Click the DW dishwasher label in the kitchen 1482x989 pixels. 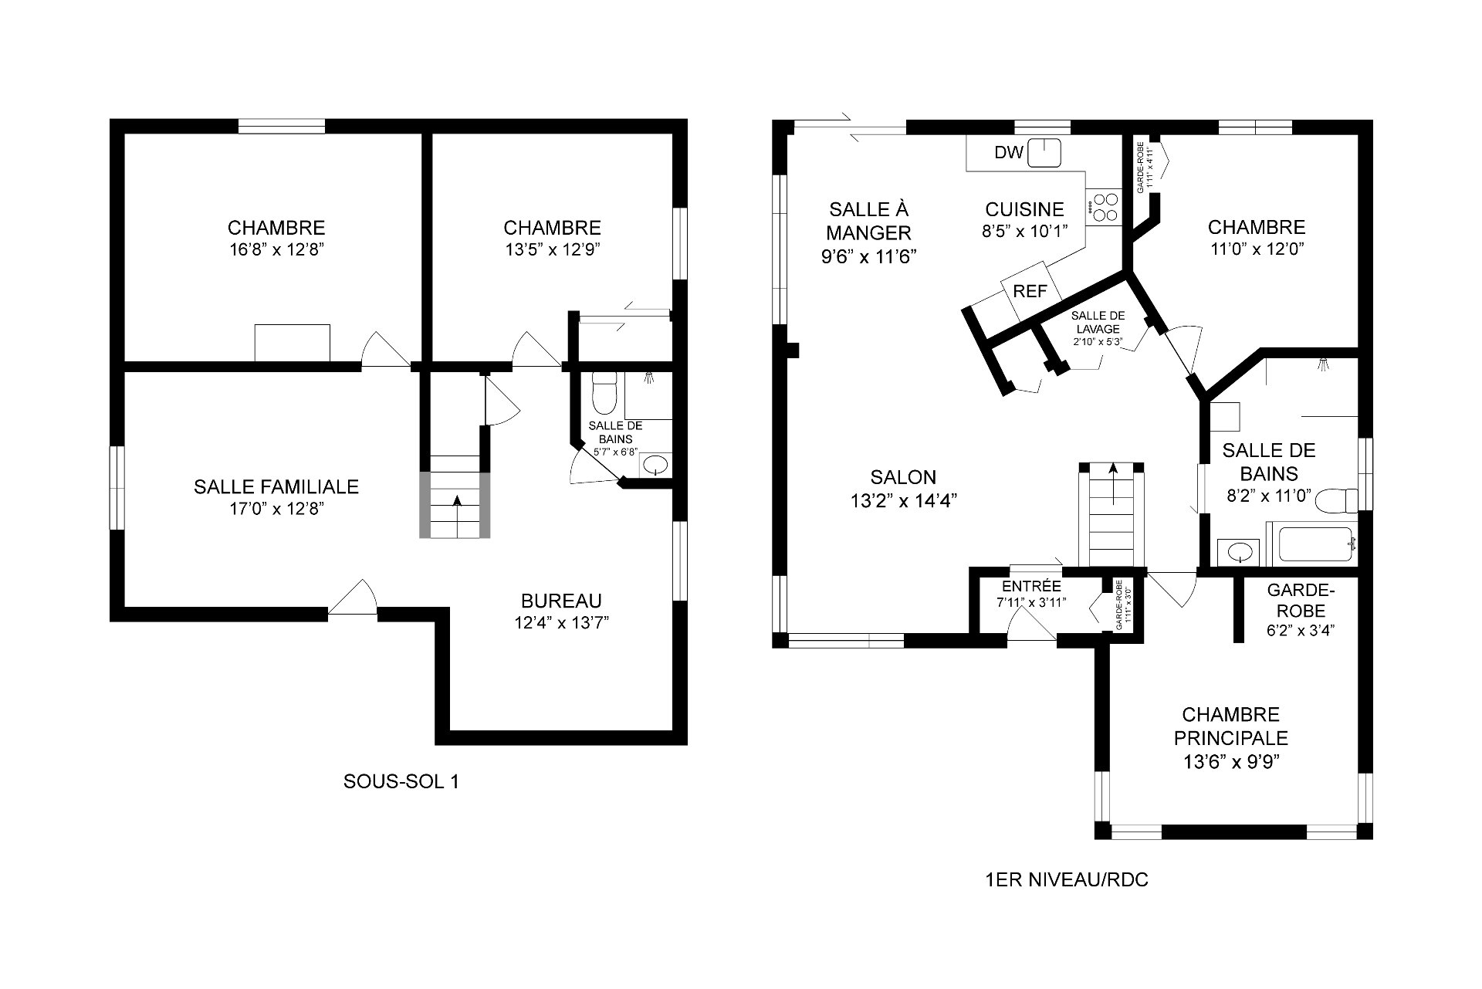point(1008,153)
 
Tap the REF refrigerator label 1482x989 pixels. point(1030,291)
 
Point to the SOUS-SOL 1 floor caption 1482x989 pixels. point(401,781)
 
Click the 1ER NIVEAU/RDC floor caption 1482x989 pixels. point(1067,880)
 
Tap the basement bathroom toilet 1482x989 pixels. point(604,392)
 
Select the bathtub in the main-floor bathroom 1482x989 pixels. point(1317,544)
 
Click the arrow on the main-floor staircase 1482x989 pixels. point(1112,483)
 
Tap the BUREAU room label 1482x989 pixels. point(561,601)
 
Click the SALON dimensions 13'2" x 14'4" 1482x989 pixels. point(904,500)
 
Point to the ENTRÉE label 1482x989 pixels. point(1031,587)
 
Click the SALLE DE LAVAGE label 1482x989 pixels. point(1098,322)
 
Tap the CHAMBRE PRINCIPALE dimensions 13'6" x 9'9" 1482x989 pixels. point(1231,762)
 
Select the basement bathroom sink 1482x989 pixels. point(656,466)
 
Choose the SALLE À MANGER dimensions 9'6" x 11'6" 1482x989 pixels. point(868,256)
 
